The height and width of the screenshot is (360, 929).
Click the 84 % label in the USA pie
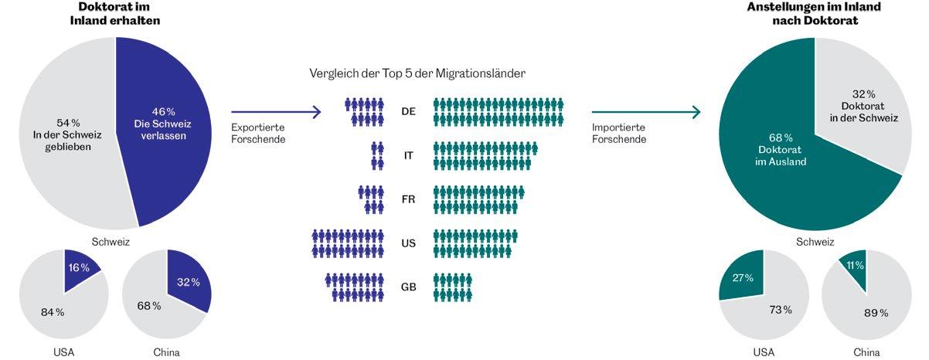click(x=52, y=312)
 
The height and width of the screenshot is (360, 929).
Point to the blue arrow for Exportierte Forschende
click(x=275, y=112)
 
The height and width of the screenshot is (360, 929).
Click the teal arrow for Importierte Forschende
click(x=645, y=112)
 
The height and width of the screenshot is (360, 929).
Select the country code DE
click(x=409, y=111)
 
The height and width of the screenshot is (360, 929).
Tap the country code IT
click(x=409, y=155)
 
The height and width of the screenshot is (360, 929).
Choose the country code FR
click(x=409, y=199)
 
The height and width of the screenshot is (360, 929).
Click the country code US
click(x=409, y=243)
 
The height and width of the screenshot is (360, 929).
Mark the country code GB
click(x=409, y=287)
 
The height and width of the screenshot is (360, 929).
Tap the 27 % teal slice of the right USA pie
click(x=742, y=278)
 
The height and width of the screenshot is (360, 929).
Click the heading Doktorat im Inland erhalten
click(x=118, y=14)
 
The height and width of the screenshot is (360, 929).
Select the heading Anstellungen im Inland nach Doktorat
click(x=815, y=14)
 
